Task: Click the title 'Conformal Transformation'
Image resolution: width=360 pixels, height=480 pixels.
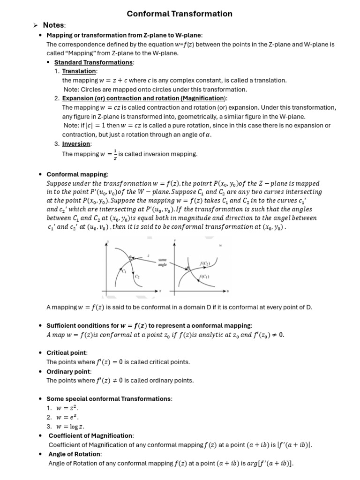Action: (180, 14)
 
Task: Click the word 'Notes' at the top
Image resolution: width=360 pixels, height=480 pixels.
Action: (53, 25)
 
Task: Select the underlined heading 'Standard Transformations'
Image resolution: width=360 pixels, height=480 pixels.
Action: (94, 62)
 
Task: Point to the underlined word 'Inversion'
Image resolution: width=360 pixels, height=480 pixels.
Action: (77, 144)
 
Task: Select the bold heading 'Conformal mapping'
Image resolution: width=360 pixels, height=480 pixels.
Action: (77, 174)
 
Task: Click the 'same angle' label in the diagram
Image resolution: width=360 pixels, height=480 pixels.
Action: (162, 262)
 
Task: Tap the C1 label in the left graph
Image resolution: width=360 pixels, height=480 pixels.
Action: (124, 271)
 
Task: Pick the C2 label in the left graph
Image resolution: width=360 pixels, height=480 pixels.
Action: (137, 277)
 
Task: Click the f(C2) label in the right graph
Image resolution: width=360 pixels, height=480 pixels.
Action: (205, 264)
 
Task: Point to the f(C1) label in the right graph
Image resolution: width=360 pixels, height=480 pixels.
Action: (204, 277)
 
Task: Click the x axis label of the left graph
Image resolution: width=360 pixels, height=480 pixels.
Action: (160, 291)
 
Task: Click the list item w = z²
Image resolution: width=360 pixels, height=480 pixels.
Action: (65, 408)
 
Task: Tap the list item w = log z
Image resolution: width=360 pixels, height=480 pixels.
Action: (68, 426)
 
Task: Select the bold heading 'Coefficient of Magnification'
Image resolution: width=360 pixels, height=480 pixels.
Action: (91, 435)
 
